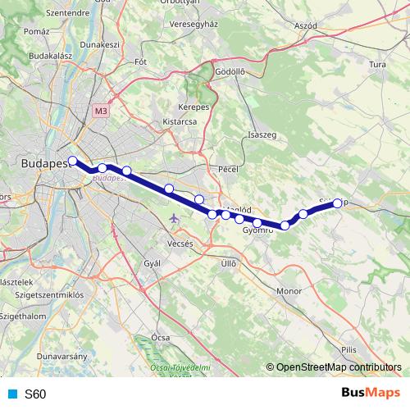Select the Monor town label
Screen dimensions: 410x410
click(x=289, y=291)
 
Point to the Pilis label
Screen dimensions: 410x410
click(x=350, y=349)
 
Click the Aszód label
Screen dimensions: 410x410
click(x=305, y=26)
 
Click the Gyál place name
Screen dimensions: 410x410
click(x=152, y=263)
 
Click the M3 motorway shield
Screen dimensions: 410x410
click(x=101, y=110)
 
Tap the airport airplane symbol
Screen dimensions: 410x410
click(x=174, y=219)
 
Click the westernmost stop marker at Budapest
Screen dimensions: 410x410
click(x=73, y=161)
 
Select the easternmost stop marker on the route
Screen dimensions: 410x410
click(x=337, y=203)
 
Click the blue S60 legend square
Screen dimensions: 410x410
click(x=11, y=394)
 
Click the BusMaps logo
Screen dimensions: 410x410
click(x=371, y=394)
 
